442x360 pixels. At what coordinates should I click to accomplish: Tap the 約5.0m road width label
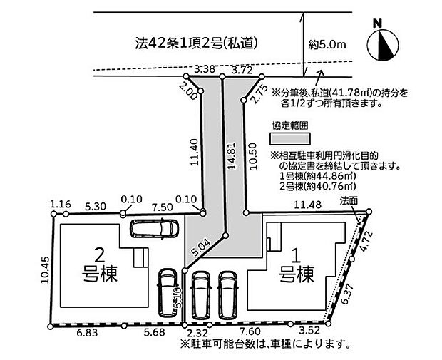point(327,44)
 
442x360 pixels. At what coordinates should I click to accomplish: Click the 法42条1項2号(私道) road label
point(197,43)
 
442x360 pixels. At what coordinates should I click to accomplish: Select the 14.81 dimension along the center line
point(232,155)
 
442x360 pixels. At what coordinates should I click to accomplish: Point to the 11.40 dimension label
point(195,153)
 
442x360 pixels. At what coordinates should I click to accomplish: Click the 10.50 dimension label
point(253,155)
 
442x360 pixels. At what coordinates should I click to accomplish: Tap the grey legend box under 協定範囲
point(290,139)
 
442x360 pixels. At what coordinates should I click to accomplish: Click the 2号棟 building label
point(100,267)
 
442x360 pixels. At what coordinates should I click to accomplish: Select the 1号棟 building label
point(297,267)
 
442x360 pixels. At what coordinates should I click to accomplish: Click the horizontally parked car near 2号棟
point(154,228)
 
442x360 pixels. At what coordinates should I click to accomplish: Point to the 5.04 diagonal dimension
point(200,247)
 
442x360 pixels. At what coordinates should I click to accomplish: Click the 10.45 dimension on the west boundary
point(45,269)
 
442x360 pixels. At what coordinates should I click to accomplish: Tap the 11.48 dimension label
point(307,205)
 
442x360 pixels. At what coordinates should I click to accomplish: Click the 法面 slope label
point(349,200)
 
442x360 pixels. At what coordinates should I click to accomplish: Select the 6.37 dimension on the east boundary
point(346,294)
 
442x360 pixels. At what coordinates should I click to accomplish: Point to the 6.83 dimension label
point(88,333)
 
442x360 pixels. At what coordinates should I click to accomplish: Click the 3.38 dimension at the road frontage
point(205,68)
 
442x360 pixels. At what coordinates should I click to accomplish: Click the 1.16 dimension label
point(61,204)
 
